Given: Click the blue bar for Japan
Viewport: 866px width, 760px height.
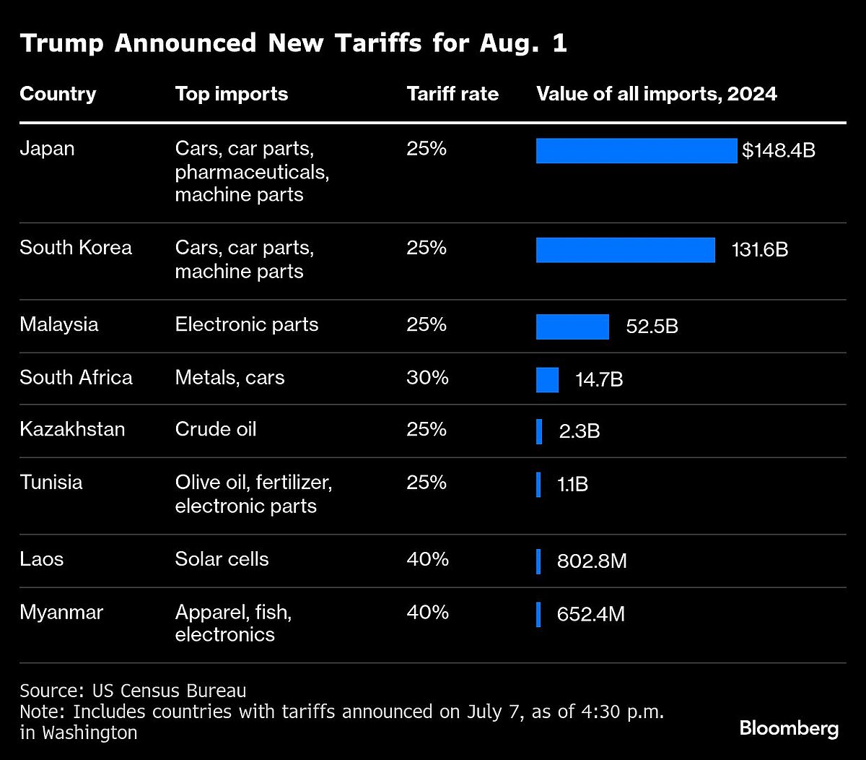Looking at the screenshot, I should click(x=636, y=151).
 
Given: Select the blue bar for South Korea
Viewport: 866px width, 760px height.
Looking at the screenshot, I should click(x=625, y=250).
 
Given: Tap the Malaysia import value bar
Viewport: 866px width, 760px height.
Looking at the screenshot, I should click(x=572, y=327).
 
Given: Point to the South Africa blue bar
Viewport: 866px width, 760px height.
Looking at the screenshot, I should click(x=547, y=379).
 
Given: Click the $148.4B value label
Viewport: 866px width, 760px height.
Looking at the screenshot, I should click(x=779, y=151).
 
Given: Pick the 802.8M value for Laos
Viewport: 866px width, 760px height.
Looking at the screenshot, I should click(x=592, y=561).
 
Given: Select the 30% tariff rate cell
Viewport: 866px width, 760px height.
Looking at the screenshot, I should click(x=427, y=377).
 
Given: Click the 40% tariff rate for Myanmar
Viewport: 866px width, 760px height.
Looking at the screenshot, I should click(x=427, y=612).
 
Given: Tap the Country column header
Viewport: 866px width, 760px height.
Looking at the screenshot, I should click(x=58, y=94).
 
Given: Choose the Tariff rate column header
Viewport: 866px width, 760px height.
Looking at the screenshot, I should click(x=452, y=94).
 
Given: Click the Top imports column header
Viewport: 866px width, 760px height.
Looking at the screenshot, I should click(x=231, y=94).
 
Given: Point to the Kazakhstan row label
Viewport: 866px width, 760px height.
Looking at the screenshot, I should click(x=72, y=429).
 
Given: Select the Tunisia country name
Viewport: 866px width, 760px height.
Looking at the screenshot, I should click(x=51, y=482).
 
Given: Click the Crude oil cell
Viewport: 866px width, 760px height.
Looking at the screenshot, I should click(x=215, y=429).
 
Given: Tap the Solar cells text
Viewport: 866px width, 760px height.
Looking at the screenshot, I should click(x=222, y=559).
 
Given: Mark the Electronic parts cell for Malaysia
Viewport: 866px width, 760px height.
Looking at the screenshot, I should click(x=246, y=324).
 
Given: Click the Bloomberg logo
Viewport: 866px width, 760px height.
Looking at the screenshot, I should click(x=789, y=728).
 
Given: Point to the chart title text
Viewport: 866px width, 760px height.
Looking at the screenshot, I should click(x=293, y=43).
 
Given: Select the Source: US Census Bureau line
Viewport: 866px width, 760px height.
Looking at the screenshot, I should click(x=133, y=690).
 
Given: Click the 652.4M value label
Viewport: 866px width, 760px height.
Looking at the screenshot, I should click(x=591, y=615).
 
